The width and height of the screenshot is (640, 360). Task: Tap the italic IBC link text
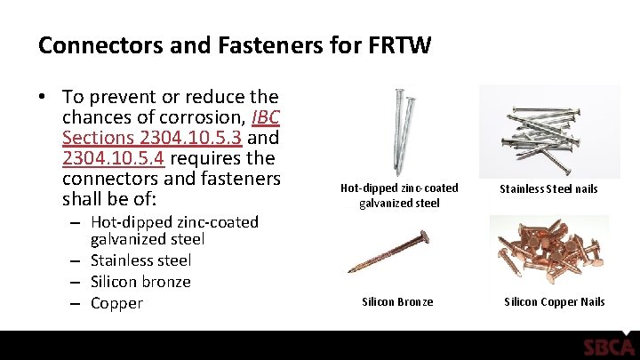(x=266, y=117)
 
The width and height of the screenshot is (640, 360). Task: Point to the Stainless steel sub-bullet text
(x=140, y=260)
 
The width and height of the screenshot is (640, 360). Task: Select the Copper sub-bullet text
(x=116, y=303)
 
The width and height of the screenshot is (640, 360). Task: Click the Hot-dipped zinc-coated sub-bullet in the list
(x=174, y=222)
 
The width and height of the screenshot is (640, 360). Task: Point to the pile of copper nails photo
(x=548, y=250)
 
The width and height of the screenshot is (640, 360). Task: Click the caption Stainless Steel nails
(x=548, y=188)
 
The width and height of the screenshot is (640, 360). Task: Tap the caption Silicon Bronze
(x=397, y=302)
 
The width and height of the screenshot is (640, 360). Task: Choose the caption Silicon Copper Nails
(x=554, y=302)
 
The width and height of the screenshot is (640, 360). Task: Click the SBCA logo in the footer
(x=609, y=347)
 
